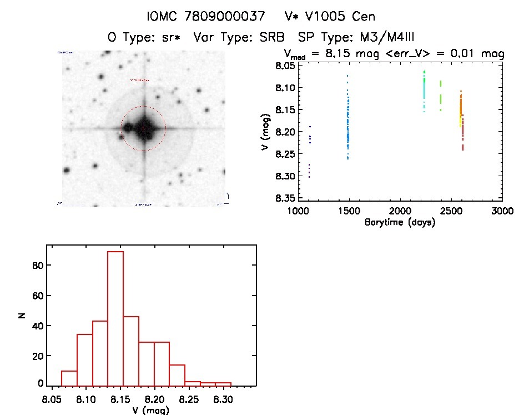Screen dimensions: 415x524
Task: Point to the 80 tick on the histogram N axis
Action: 40,266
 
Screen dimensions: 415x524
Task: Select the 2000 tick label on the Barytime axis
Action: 400,211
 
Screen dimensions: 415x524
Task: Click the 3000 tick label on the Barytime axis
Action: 502,211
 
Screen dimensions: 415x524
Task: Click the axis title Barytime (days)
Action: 400,222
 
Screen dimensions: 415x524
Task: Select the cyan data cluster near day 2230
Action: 424,83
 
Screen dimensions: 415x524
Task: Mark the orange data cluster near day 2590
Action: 461,106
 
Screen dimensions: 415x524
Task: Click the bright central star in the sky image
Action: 144,127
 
